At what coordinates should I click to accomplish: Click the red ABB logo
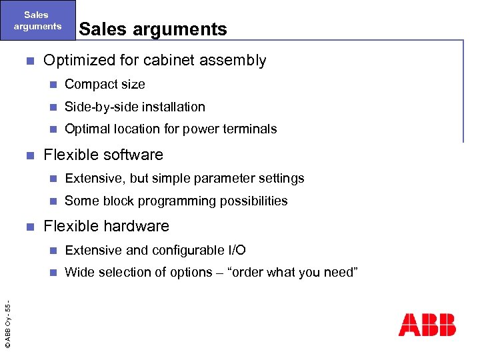[427, 324]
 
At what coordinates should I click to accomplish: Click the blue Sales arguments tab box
[37, 21]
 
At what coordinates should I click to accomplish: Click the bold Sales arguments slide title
[153, 29]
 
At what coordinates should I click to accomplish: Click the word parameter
[217, 178]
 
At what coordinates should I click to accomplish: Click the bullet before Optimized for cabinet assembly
[28, 61]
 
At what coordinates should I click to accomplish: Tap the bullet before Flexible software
[28, 155]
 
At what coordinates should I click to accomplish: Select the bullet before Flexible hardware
[28, 227]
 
